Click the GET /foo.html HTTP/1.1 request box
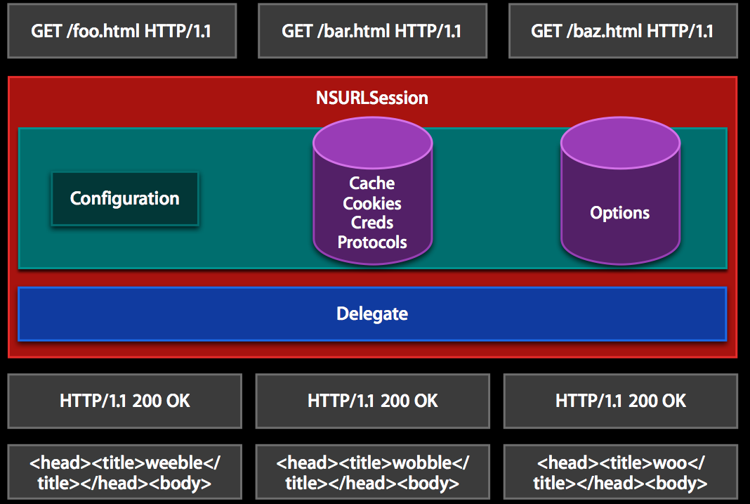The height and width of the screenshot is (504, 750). tap(122, 31)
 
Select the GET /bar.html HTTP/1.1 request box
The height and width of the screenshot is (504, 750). tap(373, 31)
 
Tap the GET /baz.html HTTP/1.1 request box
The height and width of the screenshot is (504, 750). tap(624, 31)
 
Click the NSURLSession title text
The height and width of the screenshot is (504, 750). tap(372, 98)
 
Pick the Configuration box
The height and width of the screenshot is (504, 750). tap(125, 199)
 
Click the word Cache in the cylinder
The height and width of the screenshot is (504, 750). tap(372, 183)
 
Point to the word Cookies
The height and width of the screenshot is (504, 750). tap(372, 203)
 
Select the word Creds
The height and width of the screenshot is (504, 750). tap(372, 223)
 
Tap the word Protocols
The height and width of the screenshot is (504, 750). tap(372, 243)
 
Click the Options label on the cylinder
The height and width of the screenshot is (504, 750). tap(620, 213)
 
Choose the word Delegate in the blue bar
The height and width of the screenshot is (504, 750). tap(372, 314)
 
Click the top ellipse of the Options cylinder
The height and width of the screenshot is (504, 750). tap(620, 143)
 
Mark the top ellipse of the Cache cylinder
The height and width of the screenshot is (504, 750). tap(373, 143)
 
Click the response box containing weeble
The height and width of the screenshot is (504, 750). tap(125, 472)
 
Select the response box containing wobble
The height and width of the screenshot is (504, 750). tap(373, 472)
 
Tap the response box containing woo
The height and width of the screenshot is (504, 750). tap(621, 472)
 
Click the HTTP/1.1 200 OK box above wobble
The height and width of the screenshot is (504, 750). tap(373, 401)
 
